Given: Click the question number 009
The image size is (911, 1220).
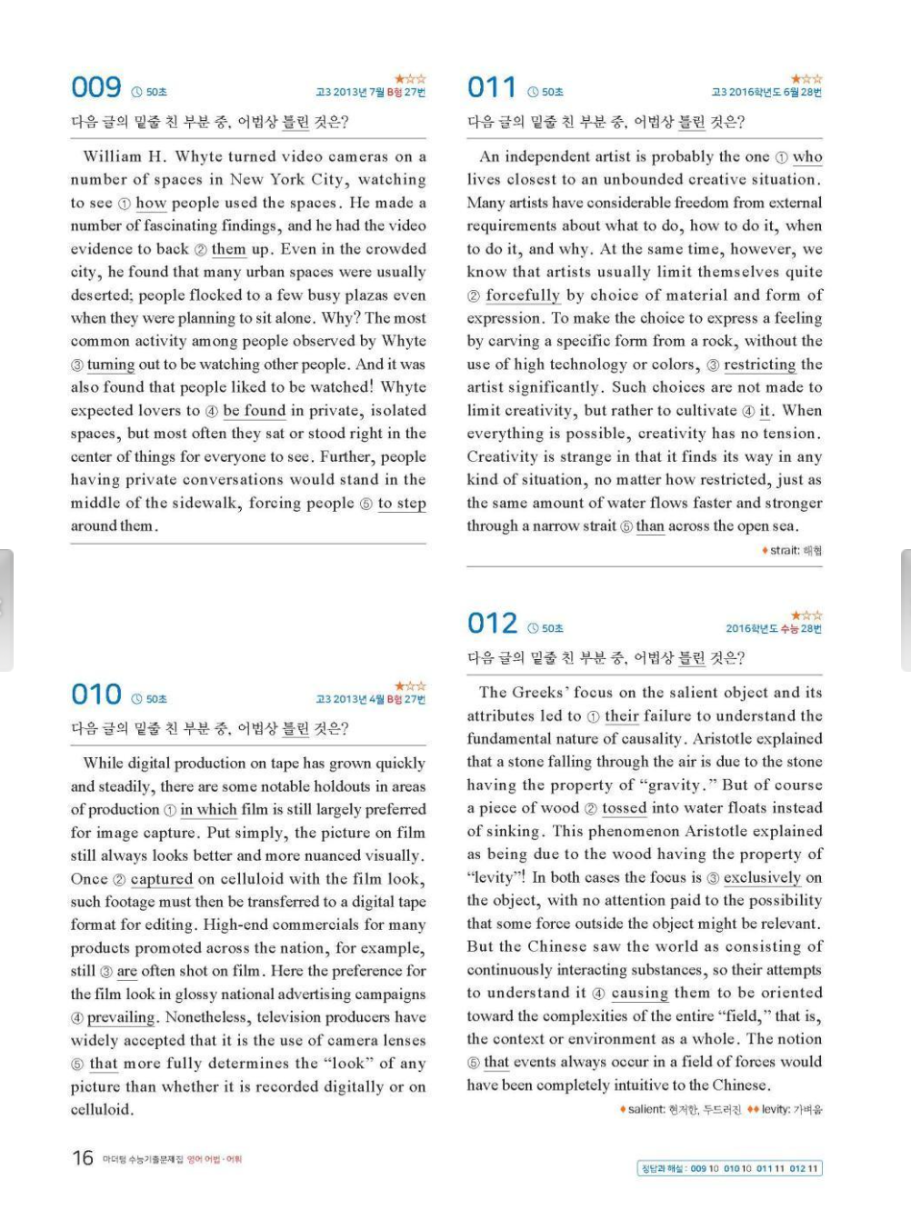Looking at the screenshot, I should [x=95, y=87].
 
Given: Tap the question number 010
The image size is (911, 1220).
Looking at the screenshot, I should [x=95, y=695].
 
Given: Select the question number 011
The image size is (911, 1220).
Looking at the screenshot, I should [x=491, y=87].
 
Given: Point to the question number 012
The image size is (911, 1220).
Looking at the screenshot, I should [x=492, y=624].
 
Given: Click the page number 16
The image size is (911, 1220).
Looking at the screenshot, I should [x=83, y=1157].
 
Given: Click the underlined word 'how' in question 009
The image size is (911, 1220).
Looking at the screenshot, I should [x=151, y=203].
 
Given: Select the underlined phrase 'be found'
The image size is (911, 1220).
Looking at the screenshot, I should [x=254, y=411].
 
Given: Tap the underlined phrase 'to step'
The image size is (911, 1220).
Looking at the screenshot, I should [x=402, y=503].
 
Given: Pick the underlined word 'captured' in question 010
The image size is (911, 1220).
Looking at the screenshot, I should [x=162, y=879].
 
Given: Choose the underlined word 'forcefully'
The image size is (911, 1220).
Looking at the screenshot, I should [x=523, y=295].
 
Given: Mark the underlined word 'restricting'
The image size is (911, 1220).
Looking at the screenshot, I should [x=759, y=365].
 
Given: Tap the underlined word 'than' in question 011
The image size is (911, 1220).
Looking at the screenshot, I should [x=650, y=525].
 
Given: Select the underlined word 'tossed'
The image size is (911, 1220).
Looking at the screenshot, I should [x=624, y=808].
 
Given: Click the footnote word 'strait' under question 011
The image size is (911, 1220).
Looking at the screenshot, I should [x=784, y=550].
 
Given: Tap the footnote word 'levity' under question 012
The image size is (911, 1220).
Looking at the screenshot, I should [x=776, y=1109].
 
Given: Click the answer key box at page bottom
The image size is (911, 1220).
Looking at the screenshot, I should [x=729, y=1168].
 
